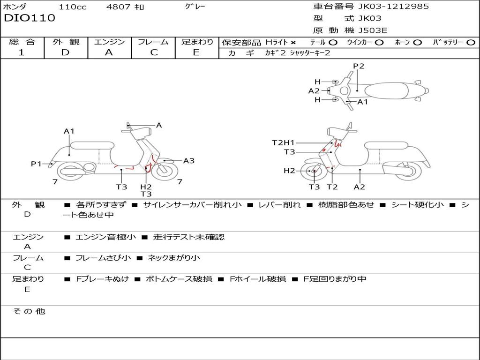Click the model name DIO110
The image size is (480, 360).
[30, 18]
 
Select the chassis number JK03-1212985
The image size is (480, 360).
[393, 6]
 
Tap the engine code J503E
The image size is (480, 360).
[373, 30]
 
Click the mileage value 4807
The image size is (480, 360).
[119, 7]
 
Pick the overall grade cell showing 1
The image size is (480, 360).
[22, 52]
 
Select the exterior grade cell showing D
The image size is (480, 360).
[65, 52]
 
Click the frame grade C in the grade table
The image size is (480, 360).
[153, 52]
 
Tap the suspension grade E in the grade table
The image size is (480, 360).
[196, 52]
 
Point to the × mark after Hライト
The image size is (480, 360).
[293, 42]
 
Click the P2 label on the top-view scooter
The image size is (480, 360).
[359, 66]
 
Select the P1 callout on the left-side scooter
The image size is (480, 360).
[37, 164]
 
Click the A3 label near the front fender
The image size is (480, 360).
[189, 161]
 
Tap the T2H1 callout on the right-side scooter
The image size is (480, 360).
[284, 142]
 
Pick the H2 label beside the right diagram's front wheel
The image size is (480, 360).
[289, 171]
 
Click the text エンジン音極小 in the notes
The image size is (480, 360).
[105, 237]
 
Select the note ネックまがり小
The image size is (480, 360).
[174, 258]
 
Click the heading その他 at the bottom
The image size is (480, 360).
[29, 311]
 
